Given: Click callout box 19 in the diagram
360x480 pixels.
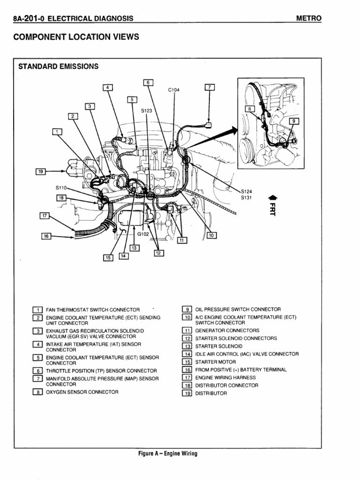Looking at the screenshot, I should pyautogui.click(x=40, y=172).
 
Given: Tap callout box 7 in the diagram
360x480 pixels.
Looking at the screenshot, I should pyautogui.click(x=210, y=87).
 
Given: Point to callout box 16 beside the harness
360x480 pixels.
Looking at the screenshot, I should pyautogui.click(x=46, y=237).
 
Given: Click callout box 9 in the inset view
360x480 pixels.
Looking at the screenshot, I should pyautogui.click(x=294, y=120).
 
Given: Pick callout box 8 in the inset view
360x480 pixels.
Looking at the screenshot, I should pyautogui.click(x=249, y=109).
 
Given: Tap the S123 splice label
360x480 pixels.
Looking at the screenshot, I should pyautogui.click(x=147, y=111).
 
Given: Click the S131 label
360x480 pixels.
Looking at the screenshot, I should pyautogui.click(x=247, y=197).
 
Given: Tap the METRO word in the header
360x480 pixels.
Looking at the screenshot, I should pyautogui.click(x=309, y=18).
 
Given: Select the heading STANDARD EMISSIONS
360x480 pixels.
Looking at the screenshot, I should pyautogui.click(x=58, y=67).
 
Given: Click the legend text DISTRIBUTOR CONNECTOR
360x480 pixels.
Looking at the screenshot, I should pyautogui.click(x=226, y=385).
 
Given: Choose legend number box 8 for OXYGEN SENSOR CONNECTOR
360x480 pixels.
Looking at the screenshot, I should pyautogui.click(x=37, y=392).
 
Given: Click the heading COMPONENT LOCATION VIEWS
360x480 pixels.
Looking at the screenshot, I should pyautogui.click(x=76, y=37).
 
